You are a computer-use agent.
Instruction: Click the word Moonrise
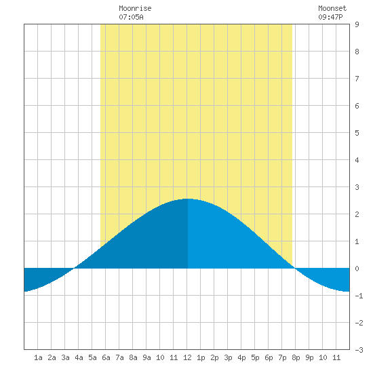135,8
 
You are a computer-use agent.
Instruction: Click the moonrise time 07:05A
131,17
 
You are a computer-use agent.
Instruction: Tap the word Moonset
332,8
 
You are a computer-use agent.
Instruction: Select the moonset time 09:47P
330,17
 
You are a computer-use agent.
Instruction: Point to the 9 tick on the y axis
357,24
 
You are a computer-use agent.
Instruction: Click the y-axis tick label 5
357,133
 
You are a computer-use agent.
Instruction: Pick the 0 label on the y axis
357,269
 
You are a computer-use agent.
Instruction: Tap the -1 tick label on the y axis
359,296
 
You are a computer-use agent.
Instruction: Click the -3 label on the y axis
359,350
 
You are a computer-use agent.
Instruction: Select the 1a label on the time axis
38,357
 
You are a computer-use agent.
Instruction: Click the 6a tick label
106,357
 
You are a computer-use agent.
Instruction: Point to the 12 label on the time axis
187,357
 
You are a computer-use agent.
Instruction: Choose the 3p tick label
228,357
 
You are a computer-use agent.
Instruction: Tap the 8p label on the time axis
296,357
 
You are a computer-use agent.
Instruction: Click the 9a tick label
146,357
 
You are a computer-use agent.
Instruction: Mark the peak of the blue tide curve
187,199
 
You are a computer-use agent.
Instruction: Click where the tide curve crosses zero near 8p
295,268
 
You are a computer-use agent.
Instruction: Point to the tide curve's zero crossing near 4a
74,268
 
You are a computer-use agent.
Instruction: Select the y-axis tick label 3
357,187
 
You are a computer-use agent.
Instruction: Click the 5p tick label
255,357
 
